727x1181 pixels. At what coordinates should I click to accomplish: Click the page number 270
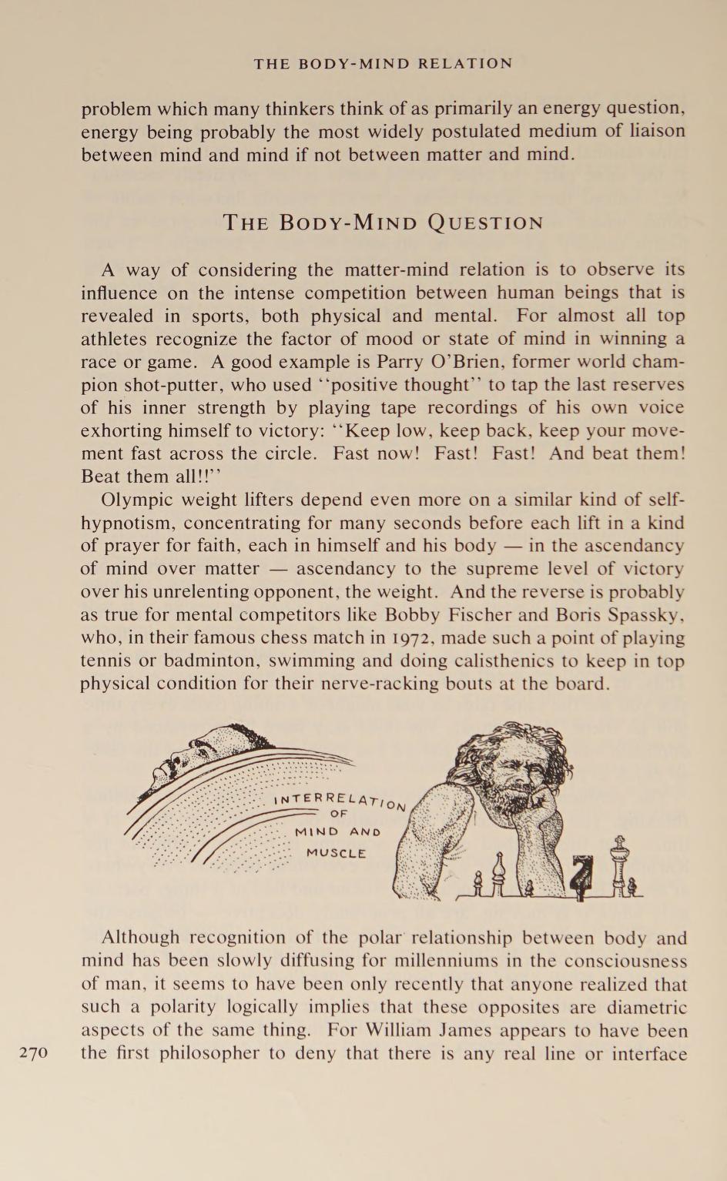click(33, 1052)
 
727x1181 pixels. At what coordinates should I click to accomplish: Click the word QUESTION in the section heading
click(485, 223)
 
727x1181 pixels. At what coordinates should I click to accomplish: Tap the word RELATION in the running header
click(465, 64)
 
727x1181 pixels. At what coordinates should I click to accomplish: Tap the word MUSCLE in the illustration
click(336, 853)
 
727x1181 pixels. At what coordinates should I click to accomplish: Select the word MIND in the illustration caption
click(317, 832)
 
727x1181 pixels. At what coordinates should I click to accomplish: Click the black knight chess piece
click(587, 878)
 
